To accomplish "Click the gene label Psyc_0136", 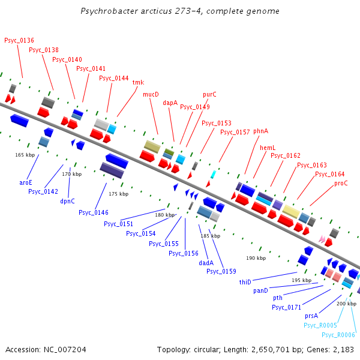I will [19, 40].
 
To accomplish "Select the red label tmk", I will [138, 82].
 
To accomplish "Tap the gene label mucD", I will [151, 94].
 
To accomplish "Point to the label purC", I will [209, 94].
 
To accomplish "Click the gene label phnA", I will [260, 130].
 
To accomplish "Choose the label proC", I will [341, 183].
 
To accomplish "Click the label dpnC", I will [67, 201].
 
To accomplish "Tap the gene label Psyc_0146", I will [93, 212].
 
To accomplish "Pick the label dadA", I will [206, 262].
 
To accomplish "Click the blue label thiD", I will [245, 281].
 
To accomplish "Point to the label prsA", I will [311, 315].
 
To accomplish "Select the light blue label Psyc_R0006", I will [338, 335].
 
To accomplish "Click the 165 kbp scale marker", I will [25, 155].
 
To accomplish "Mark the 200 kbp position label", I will [346, 304].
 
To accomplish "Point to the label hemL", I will [267, 147].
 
